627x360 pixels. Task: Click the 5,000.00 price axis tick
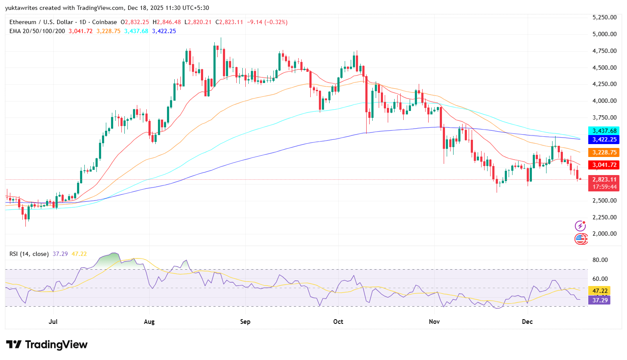pyautogui.click(x=604, y=34)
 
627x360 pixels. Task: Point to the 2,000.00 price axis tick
pyautogui.click(x=604, y=234)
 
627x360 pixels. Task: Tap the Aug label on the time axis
pyautogui.click(x=149, y=322)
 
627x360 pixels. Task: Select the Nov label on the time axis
pyautogui.click(x=434, y=322)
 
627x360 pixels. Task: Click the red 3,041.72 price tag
pyautogui.click(x=604, y=165)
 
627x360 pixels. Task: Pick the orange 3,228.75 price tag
pyautogui.click(x=604, y=152)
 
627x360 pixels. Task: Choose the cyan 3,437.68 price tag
pyautogui.click(x=604, y=131)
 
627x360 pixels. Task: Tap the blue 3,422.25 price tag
pyautogui.click(x=604, y=139)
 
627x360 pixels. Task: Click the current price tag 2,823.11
pyautogui.click(x=604, y=179)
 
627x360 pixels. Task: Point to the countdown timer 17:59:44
pyautogui.click(x=604, y=187)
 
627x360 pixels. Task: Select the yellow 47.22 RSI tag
pyautogui.click(x=600, y=291)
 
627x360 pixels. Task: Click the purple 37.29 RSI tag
pyautogui.click(x=600, y=300)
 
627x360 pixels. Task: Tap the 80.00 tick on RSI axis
pyautogui.click(x=600, y=260)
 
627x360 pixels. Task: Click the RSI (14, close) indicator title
pyautogui.click(x=29, y=254)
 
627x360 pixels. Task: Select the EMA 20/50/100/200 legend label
pyautogui.click(x=37, y=31)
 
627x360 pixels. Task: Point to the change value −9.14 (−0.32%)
pyautogui.click(x=267, y=22)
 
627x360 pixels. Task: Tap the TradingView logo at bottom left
pyautogui.click(x=46, y=345)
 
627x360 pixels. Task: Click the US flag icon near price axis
pyautogui.click(x=581, y=239)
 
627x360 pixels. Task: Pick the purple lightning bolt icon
pyautogui.click(x=580, y=226)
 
